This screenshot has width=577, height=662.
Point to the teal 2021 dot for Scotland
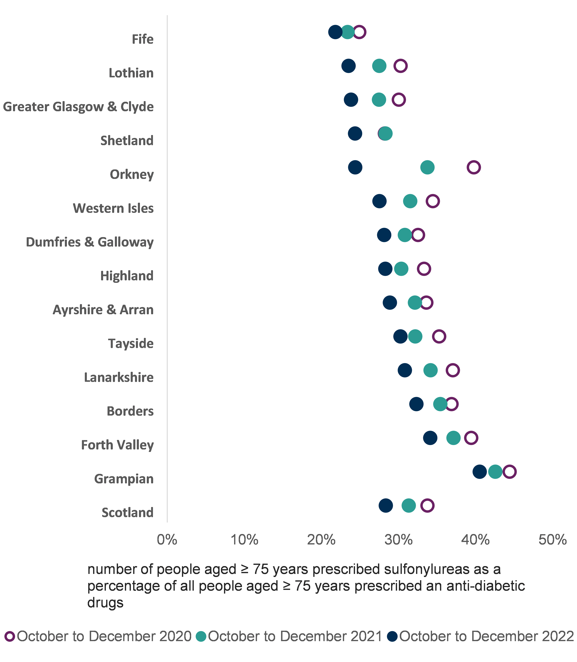click(409, 505)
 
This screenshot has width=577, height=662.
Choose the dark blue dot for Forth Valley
click(430, 438)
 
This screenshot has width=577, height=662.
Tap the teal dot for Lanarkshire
click(430, 370)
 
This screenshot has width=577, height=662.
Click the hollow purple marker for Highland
click(424, 269)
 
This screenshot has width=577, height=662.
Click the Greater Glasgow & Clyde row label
click(78, 107)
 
